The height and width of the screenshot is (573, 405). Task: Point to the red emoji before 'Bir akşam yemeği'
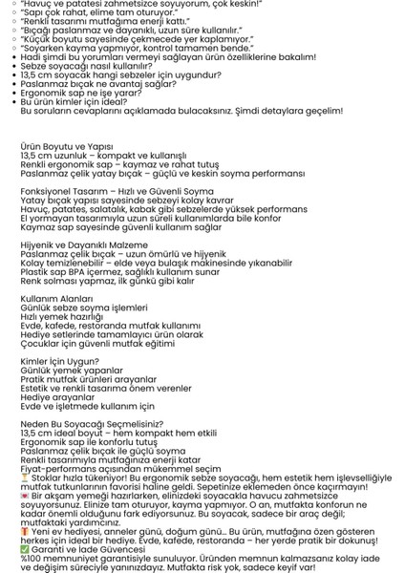(25, 497)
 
